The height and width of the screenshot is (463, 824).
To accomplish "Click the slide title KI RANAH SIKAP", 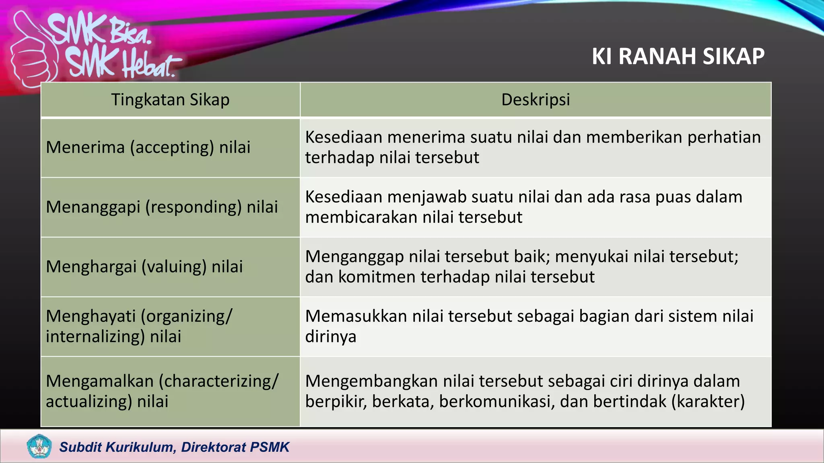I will pos(678,56).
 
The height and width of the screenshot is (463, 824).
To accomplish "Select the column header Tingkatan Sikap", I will pos(170,100).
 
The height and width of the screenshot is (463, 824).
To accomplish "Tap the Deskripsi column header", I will pos(536,100).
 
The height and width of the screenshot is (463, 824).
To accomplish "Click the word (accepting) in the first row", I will pos(172,148).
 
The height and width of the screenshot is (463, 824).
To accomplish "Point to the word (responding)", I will pos(193,207).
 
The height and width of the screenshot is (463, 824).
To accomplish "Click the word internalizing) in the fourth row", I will pos(95,336).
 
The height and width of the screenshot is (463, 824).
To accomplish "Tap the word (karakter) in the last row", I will pos(708,402).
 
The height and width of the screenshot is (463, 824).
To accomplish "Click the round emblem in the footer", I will pos(39,446).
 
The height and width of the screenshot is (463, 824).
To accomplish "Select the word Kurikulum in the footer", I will pos(139,447).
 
